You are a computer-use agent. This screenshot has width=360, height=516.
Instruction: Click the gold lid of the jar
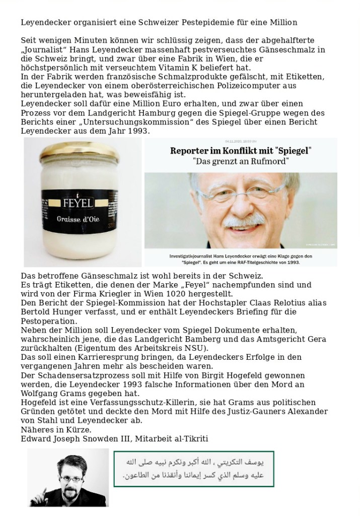pyautogui.click(x=82, y=150)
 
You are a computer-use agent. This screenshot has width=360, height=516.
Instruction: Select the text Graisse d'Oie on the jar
pyautogui.click(x=82, y=220)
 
